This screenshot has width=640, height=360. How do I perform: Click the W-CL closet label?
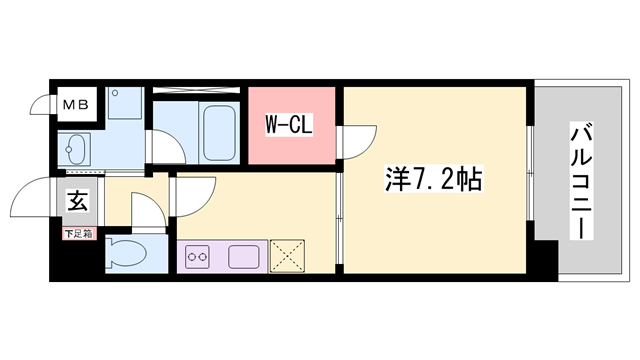289,124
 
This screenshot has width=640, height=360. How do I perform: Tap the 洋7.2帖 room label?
433,179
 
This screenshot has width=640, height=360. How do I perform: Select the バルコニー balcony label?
581,181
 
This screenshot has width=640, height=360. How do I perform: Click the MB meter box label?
76,105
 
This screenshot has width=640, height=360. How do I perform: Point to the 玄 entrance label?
78,201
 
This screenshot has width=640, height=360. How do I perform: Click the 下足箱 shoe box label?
79,234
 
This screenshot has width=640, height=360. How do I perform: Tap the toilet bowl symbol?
125,253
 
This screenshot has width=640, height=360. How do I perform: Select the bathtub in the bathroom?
220,133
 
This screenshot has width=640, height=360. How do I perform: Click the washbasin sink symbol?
76,149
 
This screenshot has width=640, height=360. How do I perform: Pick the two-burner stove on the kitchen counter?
198,257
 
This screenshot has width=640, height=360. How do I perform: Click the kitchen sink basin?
244,257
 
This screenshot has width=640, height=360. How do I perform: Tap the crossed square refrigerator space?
287,256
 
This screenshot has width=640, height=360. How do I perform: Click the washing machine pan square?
125,103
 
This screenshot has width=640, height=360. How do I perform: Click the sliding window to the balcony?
530,173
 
